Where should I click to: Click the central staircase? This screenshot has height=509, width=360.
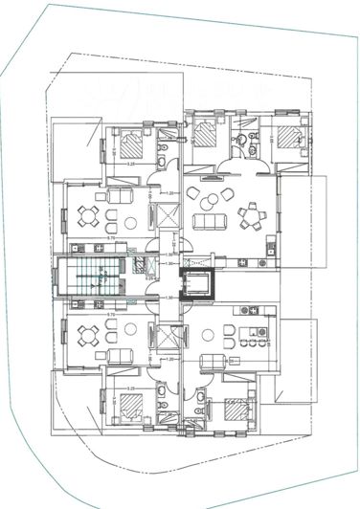[92, 277]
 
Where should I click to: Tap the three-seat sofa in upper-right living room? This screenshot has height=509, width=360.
[207, 223]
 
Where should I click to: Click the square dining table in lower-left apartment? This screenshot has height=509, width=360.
[89, 335]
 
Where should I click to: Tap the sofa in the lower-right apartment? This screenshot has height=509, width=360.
[214, 360]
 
